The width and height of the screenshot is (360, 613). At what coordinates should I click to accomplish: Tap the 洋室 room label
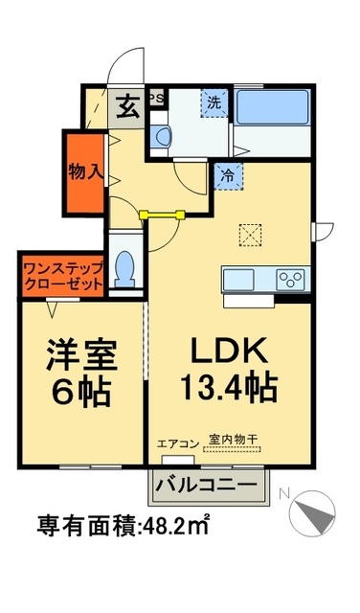[x=82, y=355]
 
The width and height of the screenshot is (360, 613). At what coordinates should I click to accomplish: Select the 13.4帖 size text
[x=231, y=388]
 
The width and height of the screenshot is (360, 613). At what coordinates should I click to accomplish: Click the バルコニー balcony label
[x=205, y=485]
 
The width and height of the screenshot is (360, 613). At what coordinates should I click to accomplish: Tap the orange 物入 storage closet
[x=84, y=172]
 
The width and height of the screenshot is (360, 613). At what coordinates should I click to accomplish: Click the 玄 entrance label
[x=126, y=106]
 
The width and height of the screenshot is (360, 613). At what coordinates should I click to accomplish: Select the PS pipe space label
[x=158, y=98]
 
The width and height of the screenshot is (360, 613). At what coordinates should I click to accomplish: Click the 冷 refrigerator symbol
[x=229, y=175]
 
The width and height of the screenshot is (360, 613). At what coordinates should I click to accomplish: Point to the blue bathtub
[x=273, y=106]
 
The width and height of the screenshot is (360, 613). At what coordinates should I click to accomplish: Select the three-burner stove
[x=290, y=279]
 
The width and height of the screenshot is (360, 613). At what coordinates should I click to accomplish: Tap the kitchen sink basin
[x=239, y=279]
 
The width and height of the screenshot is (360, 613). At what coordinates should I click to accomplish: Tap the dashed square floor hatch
[x=250, y=235]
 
